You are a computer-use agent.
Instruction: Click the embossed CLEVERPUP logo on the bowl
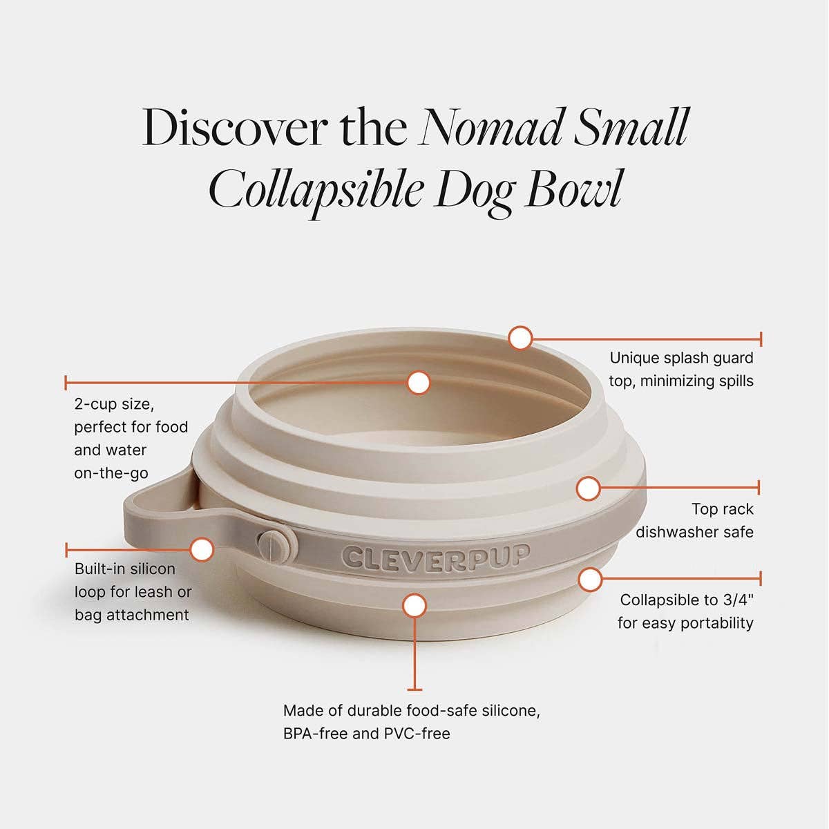(x=435, y=556)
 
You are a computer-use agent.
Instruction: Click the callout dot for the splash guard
(x=520, y=339)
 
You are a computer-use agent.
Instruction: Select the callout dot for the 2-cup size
(x=419, y=382)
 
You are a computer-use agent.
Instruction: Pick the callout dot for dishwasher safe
(x=588, y=488)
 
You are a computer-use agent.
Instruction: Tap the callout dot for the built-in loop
(x=202, y=550)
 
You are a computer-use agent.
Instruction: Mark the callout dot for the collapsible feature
(x=589, y=579)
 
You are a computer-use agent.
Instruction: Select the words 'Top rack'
(x=723, y=509)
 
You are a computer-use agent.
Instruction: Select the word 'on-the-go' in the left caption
(x=111, y=473)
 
